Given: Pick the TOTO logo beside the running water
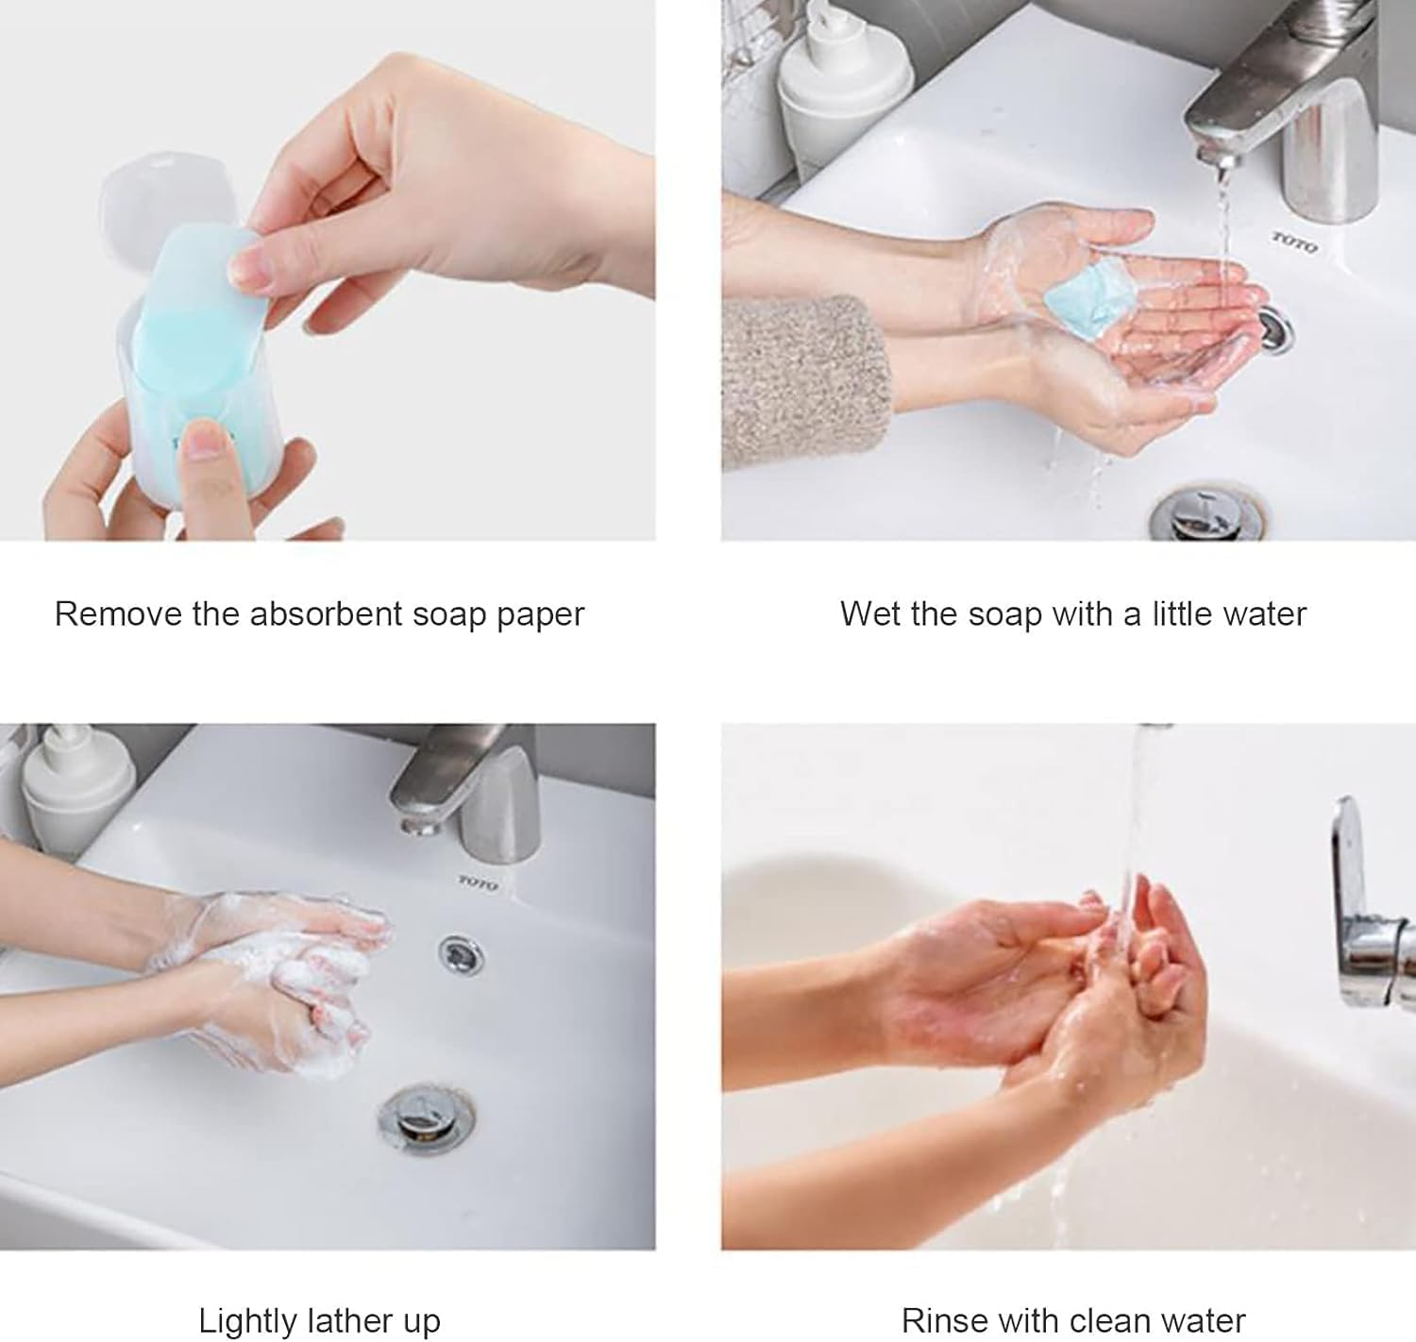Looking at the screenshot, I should pyautogui.click(x=1293, y=243).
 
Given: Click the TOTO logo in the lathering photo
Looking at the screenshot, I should pyautogui.click(x=478, y=881).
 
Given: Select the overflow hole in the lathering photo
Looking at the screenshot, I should pyautogui.click(x=460, y=953).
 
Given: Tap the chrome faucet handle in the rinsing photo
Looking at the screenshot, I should pyautogui.click(x=1359, y=906).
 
